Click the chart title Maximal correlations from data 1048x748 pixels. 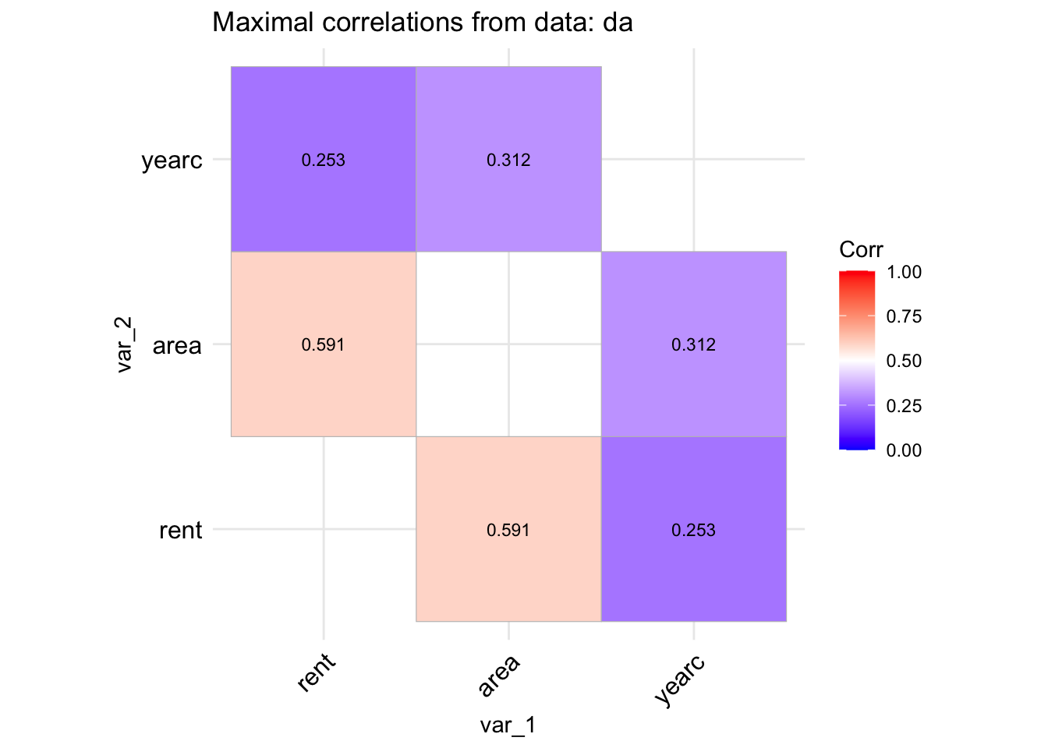(422, 23)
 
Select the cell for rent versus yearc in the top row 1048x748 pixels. (324, 160)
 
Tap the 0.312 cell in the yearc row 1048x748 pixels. (508, 160)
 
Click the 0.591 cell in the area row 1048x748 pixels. (324, 344)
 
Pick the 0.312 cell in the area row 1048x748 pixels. (693, 344)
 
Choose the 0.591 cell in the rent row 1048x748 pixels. (508, 530)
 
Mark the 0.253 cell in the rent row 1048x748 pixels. (693, 530)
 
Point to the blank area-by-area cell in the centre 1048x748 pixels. (508, 344)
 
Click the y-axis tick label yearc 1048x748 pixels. (172, 161)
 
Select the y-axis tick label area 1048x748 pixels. (177, 345)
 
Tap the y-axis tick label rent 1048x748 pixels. (180, 531)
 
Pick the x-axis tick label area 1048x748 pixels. (499, 676)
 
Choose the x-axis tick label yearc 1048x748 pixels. (681, 680)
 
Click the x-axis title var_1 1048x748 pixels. (508, 725)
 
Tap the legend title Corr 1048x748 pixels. (861, 250)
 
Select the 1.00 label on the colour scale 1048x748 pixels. (904, 272)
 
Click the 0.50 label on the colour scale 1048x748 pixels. (904, 361)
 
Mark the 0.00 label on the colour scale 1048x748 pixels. (904, 450)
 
